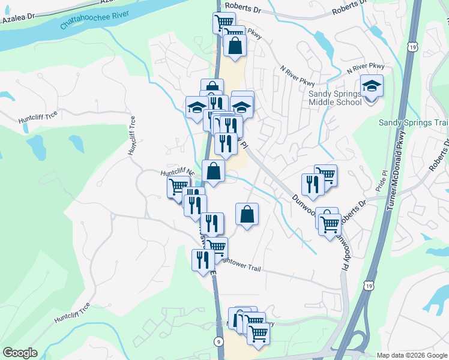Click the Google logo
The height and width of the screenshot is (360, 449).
click(20, 353)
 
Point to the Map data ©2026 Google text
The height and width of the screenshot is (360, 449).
click(412, 355)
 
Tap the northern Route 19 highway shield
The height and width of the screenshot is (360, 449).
click(411, 46)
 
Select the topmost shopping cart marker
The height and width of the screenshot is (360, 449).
click(224, 23)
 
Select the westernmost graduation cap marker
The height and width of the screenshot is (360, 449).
click(196, 108)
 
